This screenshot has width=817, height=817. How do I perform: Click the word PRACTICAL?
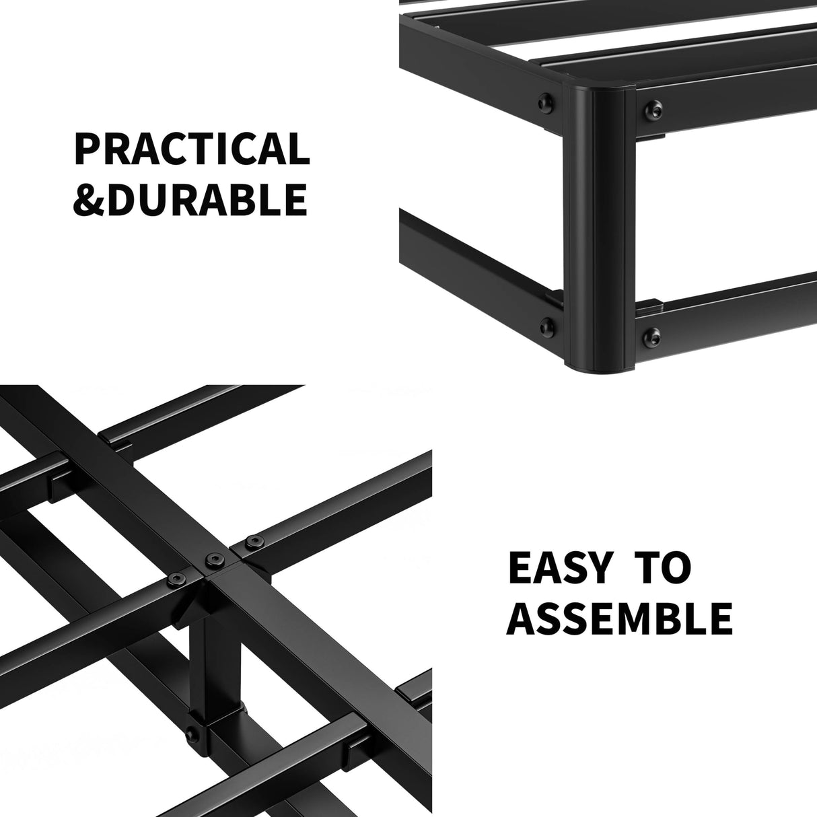[192, 149]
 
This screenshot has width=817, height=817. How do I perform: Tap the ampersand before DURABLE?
[90, 199]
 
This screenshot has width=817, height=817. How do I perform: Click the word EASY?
[559, 569]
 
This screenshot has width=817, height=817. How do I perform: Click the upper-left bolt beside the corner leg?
[543, 103]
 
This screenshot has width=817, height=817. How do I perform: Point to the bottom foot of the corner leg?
[598, 367]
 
